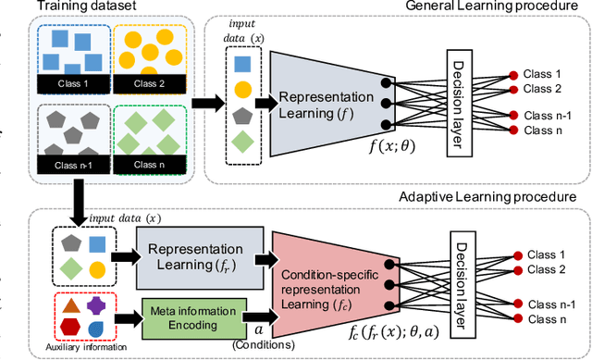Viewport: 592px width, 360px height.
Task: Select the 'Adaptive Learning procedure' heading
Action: pos(489,197)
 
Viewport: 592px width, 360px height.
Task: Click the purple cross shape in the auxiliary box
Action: pos(94,305)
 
